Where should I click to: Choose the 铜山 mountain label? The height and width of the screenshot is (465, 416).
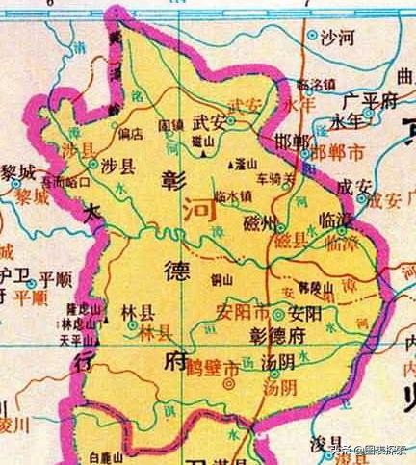[x=222, y=280]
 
